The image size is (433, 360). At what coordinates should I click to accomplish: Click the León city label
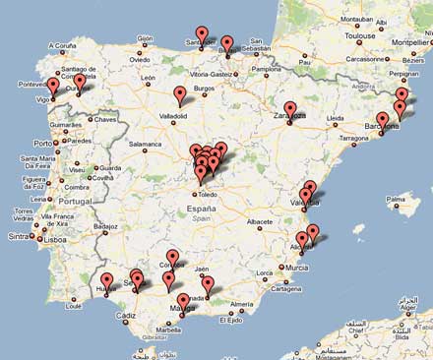[x=151, y=77]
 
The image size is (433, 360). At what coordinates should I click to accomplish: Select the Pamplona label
[x=266, y=70]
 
